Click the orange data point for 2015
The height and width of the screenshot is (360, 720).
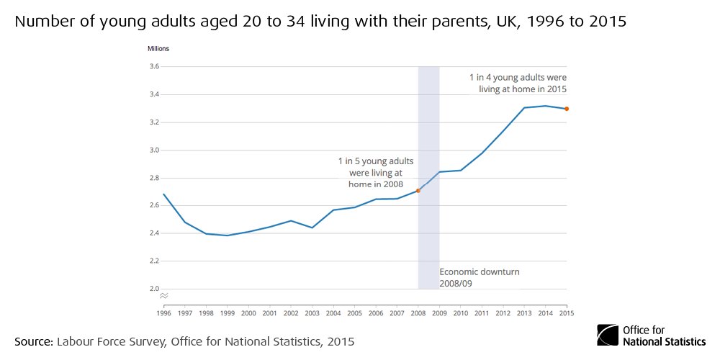click(x=567, y=109)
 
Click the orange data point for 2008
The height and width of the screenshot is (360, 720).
click(x=418, y=191)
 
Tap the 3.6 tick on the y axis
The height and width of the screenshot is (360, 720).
click(x=153, y=67)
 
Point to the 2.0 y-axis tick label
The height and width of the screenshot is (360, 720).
click(x=153, y=289)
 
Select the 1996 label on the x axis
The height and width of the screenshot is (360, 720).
click(x=164, y=313)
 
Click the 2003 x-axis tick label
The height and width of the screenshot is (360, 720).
click(x=312, y=313)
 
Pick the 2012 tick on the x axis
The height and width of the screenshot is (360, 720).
click(x=503, y=313)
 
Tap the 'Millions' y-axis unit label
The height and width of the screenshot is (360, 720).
click(x=158, y=49)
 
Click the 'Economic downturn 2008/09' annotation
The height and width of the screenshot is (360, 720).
click(x=480, y=278)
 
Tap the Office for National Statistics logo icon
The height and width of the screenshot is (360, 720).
click(x=608, y=336)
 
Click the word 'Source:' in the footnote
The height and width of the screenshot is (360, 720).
click(x=33, y=341)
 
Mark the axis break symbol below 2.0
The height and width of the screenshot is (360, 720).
click(x=164, y=296)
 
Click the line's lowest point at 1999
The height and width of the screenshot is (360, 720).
click(x=228, y=235)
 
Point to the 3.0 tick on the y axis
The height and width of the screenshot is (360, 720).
click(x=153, y=150)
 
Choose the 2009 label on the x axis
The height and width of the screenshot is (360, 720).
click(x=439, y=313)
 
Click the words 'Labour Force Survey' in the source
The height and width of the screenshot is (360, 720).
click(x=110, y=341)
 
